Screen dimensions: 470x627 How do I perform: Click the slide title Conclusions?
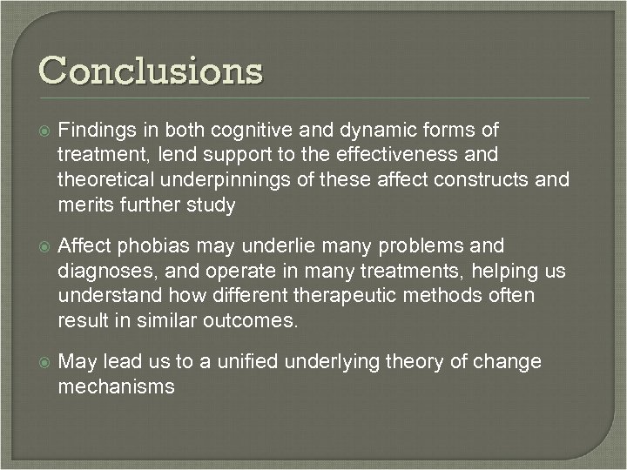click(149, 70)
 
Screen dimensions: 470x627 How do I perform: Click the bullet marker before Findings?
click(40, 131)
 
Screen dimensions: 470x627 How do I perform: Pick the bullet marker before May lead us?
click(40, 362)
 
